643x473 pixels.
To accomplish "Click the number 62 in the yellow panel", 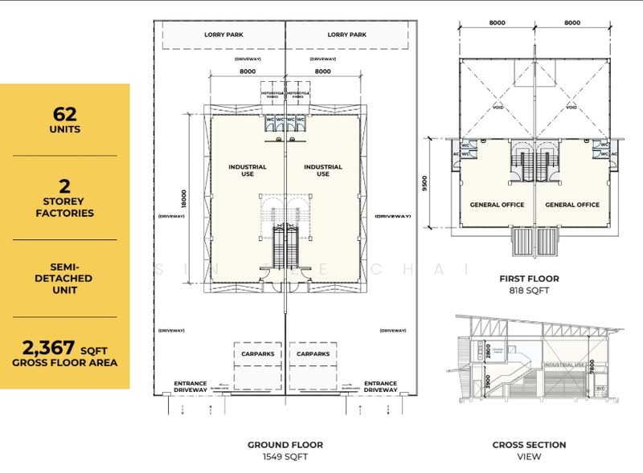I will coord(64,112).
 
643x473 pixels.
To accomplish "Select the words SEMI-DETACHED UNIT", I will coord(64,278).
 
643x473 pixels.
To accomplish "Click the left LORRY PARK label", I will coord(224,35).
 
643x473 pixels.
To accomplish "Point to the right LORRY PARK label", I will coord(347,35).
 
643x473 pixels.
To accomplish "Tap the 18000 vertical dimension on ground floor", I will coord(183,198).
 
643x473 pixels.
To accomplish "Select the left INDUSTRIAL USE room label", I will coord(248,170).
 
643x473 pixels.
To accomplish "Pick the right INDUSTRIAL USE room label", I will coord(322,170).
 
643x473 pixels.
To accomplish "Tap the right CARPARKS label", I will coord(313,353).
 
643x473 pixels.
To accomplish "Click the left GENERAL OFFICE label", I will coord(497,205).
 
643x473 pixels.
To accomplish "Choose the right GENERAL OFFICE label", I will coord(572,205).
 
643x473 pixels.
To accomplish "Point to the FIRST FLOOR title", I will coord(529,279).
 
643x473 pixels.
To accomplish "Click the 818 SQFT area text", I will coord(529,291).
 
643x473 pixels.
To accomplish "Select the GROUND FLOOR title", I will coord(285,444).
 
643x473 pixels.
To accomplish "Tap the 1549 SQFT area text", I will coord(285,457).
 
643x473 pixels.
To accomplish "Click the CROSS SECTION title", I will coord(529,444).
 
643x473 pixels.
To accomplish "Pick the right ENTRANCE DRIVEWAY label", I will coord(380,386).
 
